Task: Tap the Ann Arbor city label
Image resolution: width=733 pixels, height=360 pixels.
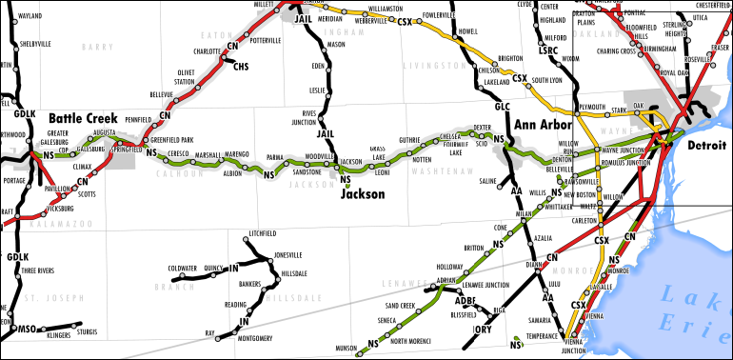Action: point(542,125)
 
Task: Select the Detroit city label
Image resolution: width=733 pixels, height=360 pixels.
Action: point(705,145)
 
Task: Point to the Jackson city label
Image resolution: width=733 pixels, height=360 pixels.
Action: point(363,193)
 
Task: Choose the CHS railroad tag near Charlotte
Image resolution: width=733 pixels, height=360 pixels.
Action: point(241,67)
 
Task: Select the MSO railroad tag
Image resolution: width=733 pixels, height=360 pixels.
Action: point(29,330)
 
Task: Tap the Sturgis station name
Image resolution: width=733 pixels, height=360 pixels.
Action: point(88,332)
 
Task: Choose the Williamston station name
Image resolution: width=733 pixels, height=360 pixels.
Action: point(386,9)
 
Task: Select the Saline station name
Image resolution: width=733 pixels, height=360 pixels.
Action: point(488,180)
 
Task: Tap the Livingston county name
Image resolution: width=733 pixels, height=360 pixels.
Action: point(431,65)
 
